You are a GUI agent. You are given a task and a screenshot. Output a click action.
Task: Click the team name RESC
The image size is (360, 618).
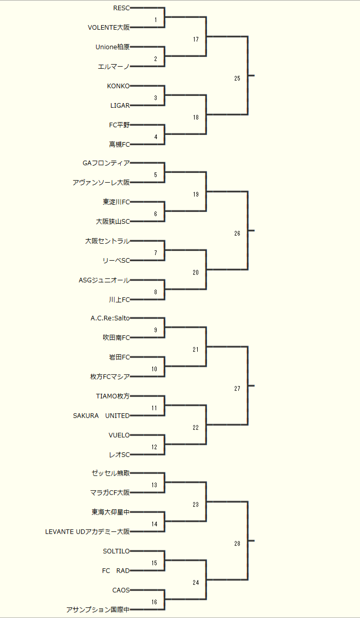click(x=121, y=8)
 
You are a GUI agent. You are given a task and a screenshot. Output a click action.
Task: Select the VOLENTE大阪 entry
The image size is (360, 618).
click(x=109, y=28)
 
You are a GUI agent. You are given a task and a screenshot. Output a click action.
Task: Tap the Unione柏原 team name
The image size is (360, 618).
click(x=112, y=47)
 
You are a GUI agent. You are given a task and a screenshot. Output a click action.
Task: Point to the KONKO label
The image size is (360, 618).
click(x=118, y=86)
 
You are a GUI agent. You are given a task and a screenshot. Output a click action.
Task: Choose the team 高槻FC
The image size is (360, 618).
click(x=119, y=145)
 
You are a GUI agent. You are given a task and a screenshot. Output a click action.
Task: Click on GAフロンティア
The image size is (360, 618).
click(x=106, y=164)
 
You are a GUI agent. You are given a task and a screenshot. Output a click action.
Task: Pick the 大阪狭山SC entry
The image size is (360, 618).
click(x=112, y=222)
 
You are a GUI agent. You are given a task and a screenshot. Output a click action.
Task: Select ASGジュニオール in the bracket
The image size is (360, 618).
click(x=104, y=280)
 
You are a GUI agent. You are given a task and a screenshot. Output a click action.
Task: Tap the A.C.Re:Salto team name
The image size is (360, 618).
click(x=110, y=318)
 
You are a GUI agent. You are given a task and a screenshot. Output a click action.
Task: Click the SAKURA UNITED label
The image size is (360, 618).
click(x=101, y=416)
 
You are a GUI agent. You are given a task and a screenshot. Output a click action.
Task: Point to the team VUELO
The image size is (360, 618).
click(x=119, y=435)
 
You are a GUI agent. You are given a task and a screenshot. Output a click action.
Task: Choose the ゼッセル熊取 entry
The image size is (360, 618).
click(x=110, y=473)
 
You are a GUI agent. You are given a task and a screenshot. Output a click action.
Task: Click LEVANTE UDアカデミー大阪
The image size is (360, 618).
click(x=87, y=532)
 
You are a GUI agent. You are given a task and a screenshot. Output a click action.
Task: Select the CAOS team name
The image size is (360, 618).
click(x=121, y=590)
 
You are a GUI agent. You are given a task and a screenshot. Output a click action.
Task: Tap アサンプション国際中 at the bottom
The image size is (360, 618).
click(x=98, y=610)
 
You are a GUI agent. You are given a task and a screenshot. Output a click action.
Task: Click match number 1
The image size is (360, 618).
click(x=156, y=20)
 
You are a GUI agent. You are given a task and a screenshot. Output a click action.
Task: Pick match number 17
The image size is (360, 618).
click(x=196, y=40)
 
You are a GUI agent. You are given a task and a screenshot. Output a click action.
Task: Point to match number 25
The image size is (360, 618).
click(x=237, y=79)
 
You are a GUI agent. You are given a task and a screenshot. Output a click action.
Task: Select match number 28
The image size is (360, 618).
click(x=237, y=544)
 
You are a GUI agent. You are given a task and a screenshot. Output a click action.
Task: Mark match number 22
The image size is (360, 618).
click(x=196, y=428)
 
